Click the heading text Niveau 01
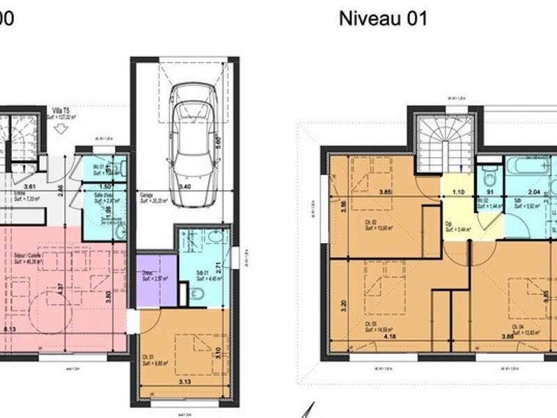[382, 18]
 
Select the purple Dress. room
[156, 279]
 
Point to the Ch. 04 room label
[516, 326]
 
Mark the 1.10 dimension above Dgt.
[457, 192]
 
